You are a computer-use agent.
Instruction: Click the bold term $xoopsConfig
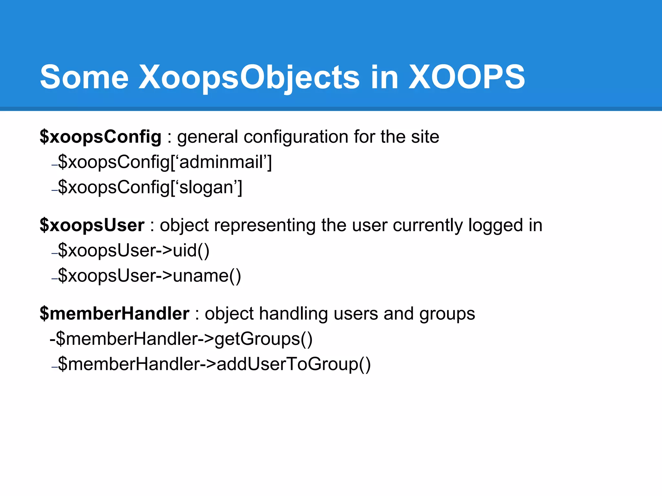click(x=100, y=137)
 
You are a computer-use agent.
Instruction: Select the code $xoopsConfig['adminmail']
click(x=165, y=162)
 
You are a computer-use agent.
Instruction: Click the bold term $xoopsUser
click(x=92, y=225)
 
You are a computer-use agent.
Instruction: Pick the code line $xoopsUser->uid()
click(x=133, y=250)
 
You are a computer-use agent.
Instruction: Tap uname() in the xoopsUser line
click(x=207, y=276)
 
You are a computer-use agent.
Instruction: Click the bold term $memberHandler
click(x=114, y=314)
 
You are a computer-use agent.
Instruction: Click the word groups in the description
click(x=447, y=314)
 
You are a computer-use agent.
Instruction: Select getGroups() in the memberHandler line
click(x=263, y=339)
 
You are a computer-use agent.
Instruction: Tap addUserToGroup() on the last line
click(x=293, y=364)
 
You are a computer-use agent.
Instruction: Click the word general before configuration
click(x=208, y=137)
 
